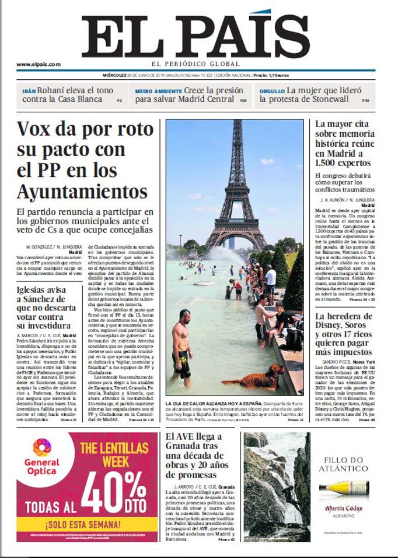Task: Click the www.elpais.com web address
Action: pos(39,65)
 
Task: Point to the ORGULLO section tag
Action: pos(272,91)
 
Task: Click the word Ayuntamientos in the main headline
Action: pos(82,191)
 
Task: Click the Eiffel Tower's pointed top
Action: pos(238,122)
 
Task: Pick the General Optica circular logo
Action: pos(41,448)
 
